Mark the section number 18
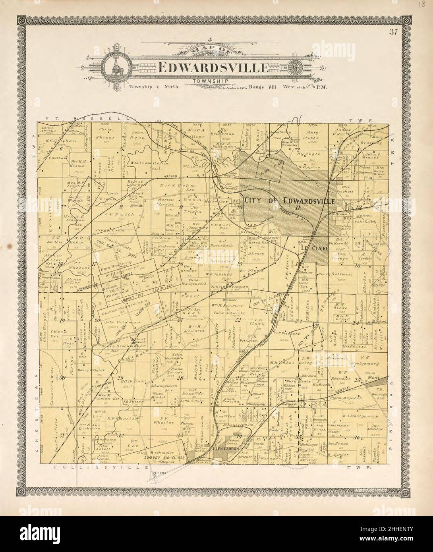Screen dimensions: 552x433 (x=60, y=264)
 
